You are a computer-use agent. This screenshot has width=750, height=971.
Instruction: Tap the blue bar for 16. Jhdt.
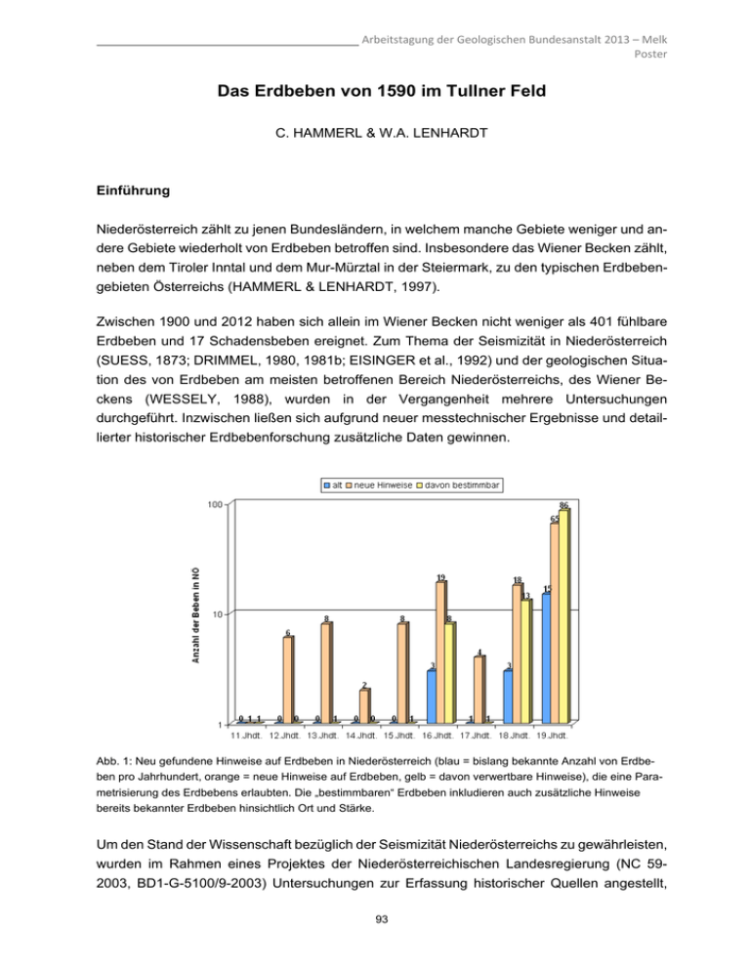coord(432,697)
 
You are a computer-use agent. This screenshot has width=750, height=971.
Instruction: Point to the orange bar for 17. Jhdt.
coord(479,689)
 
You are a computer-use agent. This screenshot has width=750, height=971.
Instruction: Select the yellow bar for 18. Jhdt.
coord(525,660)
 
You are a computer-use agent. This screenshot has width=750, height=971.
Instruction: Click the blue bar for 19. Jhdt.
coord(546,657)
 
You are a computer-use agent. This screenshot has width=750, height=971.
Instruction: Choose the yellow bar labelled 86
coord(563,615)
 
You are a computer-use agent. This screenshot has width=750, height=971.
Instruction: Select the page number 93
coord(375,944)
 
